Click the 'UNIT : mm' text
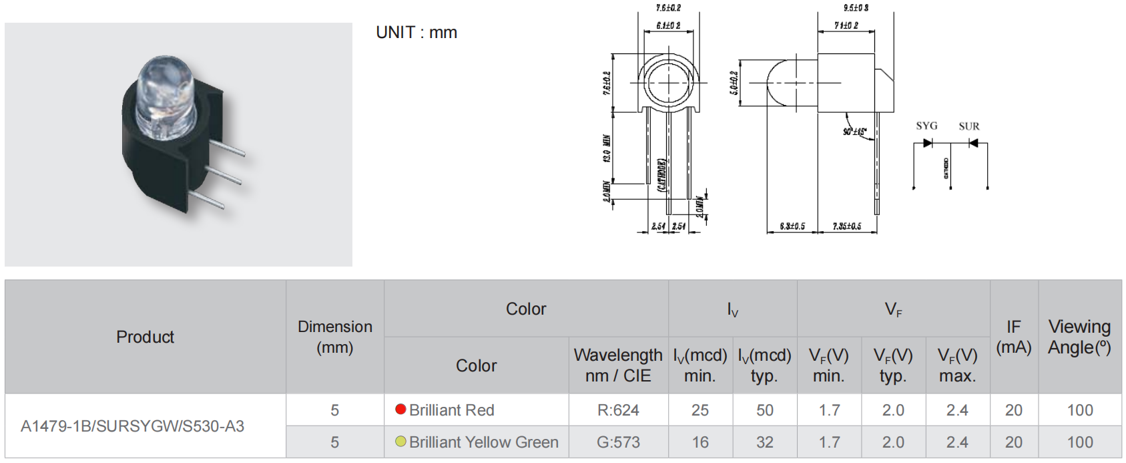(416, 33)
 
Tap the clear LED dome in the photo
(164, 94)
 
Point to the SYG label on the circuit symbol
(926, 126)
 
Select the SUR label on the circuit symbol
(969, 126)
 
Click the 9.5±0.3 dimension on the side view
(856, 8)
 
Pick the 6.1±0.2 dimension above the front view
(668, 25)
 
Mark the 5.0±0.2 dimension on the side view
(734, 83)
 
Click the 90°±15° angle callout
(854, 132)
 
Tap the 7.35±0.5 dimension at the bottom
(847, 226)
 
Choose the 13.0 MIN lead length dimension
(607, 148)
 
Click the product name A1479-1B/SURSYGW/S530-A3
(132, 426)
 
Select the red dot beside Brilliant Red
(400, 410)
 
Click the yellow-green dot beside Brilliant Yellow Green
(400, 442)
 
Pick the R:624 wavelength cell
(618, 410)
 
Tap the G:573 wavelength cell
(618, 442)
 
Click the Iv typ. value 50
(765, 410)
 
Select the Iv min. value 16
(700, 442)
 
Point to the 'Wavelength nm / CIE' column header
(618, 365)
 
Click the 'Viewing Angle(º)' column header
(1079, 337)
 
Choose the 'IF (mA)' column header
(1013, 337)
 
